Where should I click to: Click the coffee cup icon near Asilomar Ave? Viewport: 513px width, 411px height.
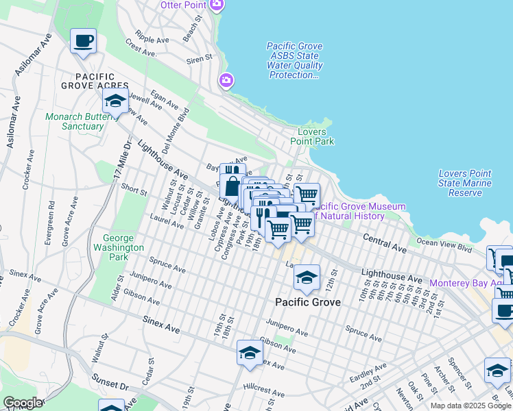(x=83, y=41)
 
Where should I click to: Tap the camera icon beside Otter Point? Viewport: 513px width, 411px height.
(x=217, y=5)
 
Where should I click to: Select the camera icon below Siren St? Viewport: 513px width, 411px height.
(x=226, y=82)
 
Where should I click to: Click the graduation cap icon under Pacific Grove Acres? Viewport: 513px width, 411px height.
(x=115, y=101)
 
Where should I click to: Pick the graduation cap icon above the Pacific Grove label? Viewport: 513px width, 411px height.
(x=307, y=277)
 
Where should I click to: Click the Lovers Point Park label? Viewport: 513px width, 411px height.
(x=315, y=136)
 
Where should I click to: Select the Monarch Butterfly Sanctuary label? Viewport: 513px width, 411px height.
(x=75, y=121)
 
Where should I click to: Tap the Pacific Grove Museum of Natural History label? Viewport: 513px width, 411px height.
(x=361, y=211)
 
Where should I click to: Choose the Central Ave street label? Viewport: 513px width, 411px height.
(x=385, y=241)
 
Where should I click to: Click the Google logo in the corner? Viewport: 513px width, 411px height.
(x=22, y=403)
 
